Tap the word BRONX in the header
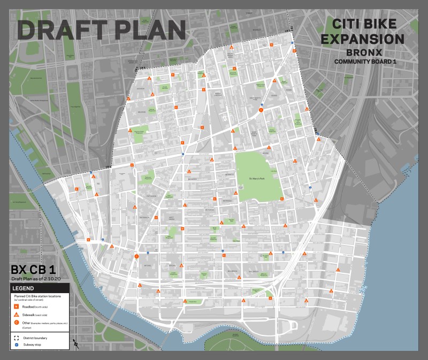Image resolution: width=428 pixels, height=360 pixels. [x=368, y=53]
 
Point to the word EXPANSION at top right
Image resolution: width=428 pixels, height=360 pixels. [x=368, y=39]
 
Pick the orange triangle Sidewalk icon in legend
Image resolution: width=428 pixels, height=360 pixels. [x=17, y=315]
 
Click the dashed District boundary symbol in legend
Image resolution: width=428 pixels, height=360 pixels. [x=17, y=338]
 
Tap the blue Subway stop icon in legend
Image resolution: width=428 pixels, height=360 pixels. [x=17, y=345]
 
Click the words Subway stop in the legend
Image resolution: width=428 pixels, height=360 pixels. [x=33, y=345]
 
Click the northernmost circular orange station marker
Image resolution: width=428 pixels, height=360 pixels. [x=261, y=110]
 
